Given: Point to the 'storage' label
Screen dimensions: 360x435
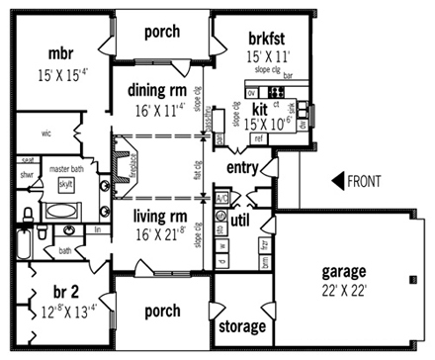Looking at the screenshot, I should (241, 326).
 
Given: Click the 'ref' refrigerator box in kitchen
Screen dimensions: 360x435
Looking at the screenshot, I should (259, 139).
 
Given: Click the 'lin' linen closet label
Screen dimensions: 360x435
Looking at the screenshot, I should (98, 229).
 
